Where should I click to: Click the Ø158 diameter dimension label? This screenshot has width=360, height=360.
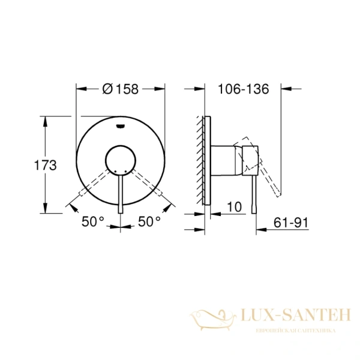[x=120, y=88]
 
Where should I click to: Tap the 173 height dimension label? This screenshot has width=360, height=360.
[x=46, y=165]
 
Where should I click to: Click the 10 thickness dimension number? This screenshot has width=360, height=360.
[x=235, y=207]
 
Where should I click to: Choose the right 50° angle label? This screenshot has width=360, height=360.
[x=149, y=221]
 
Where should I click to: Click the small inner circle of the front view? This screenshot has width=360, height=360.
[x=121, y=161]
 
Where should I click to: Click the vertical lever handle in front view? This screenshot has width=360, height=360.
[x=121, y=192]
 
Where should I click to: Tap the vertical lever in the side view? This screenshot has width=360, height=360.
[x=255, y=192]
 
